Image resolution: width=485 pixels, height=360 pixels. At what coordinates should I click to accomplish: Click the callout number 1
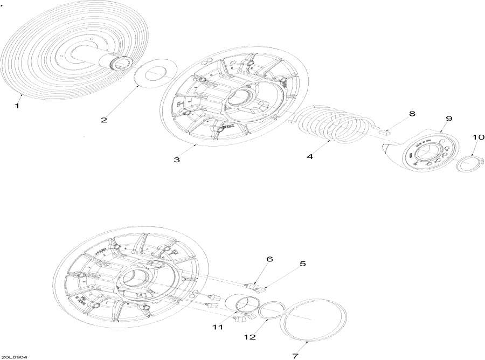tap(17, 106)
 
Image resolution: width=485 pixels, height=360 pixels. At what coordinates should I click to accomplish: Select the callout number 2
tap(103, 120)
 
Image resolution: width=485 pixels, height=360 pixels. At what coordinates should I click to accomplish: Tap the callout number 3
tap(176, 160)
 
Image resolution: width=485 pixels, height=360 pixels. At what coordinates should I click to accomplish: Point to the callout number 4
tap(310, 156)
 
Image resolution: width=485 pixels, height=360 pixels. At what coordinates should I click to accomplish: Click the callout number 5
tap(302, 264)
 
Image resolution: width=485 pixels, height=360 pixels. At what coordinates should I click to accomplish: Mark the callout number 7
tap(295, 356)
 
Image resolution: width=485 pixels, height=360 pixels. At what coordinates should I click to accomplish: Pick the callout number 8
tap(412, 114)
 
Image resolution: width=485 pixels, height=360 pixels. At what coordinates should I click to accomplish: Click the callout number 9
tap(449, 119)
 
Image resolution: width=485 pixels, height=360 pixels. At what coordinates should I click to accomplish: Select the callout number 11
tap(217, 327)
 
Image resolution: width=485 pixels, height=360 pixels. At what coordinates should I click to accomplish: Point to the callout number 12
tap(250, 337)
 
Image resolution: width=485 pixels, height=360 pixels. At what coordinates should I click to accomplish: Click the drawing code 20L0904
tap(15, 357)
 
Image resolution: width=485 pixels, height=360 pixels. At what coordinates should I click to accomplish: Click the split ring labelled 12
tap(268, 310)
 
